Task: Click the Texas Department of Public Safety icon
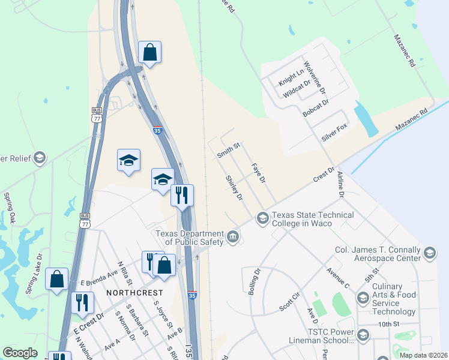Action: pyautogui.click(x=233, y=238)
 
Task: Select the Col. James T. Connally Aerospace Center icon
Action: pyautogui.click(x=429, y=253)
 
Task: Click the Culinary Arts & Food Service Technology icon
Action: pyautogui.click(x=363, y=298)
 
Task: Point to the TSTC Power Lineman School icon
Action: pyautogui.click(x=363, y=335)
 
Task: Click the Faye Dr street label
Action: pyautogui.click(x=258, y=173)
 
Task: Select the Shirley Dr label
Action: pyautogui.click(x=234, y=188)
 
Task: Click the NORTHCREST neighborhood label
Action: pyautogui.click(x=134, y=292)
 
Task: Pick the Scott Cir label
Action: pyautogui.click(x=289, y=302)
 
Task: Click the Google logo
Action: pyautogui.click(x=20, y=353)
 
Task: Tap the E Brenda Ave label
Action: pyautogui.click(x=99, y=277)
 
